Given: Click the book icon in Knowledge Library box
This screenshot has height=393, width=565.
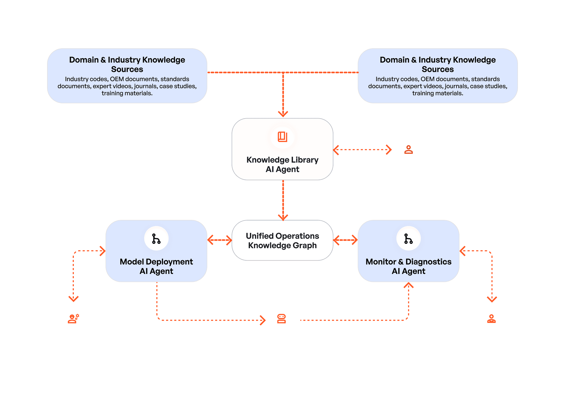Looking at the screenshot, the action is [x=282, y=137].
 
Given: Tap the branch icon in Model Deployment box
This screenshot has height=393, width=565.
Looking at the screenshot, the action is [x=156, y=239].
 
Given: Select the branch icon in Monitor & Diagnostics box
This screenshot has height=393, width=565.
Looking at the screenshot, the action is [x=408, y=239].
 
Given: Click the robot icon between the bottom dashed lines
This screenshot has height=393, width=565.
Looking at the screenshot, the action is [x=282, y=319].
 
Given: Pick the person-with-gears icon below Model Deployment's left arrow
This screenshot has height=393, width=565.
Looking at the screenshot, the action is [x=74, y=319].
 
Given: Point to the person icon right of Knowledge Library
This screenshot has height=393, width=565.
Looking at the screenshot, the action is [x=408, y=150].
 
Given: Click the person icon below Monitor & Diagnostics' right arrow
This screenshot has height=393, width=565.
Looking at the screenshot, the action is [x=491, y=319].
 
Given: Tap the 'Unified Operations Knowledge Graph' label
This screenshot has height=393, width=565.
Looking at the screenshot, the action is [x=282, y=241].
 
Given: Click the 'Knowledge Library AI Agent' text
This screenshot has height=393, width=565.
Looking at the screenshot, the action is [x=282, y=165].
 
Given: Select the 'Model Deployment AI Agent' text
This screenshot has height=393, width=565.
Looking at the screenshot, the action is [x=156, y=266].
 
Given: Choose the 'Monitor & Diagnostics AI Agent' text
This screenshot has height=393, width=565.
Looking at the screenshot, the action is [x=408, y=266].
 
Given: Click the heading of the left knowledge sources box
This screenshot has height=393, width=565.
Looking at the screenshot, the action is [x=127, y=64].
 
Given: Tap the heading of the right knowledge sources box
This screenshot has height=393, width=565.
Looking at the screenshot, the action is [x=438, y=64].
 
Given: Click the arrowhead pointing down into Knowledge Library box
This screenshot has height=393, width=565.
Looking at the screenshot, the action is [x=283, y=114].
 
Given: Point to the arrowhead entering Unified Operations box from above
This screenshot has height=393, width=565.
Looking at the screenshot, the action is [x=283, y=217].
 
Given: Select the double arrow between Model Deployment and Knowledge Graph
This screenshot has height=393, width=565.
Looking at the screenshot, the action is [x=220, y=240].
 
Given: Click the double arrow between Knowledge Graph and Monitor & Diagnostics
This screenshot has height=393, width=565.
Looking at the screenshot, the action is [x=345, y=240].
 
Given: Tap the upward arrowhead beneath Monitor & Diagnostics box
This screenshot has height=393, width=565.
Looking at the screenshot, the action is [x=408, y=285].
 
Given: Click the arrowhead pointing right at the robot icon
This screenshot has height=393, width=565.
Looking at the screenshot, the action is [x=263, y=320].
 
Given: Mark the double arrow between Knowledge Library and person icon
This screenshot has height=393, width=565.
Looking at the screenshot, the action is [x=363, y=150].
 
